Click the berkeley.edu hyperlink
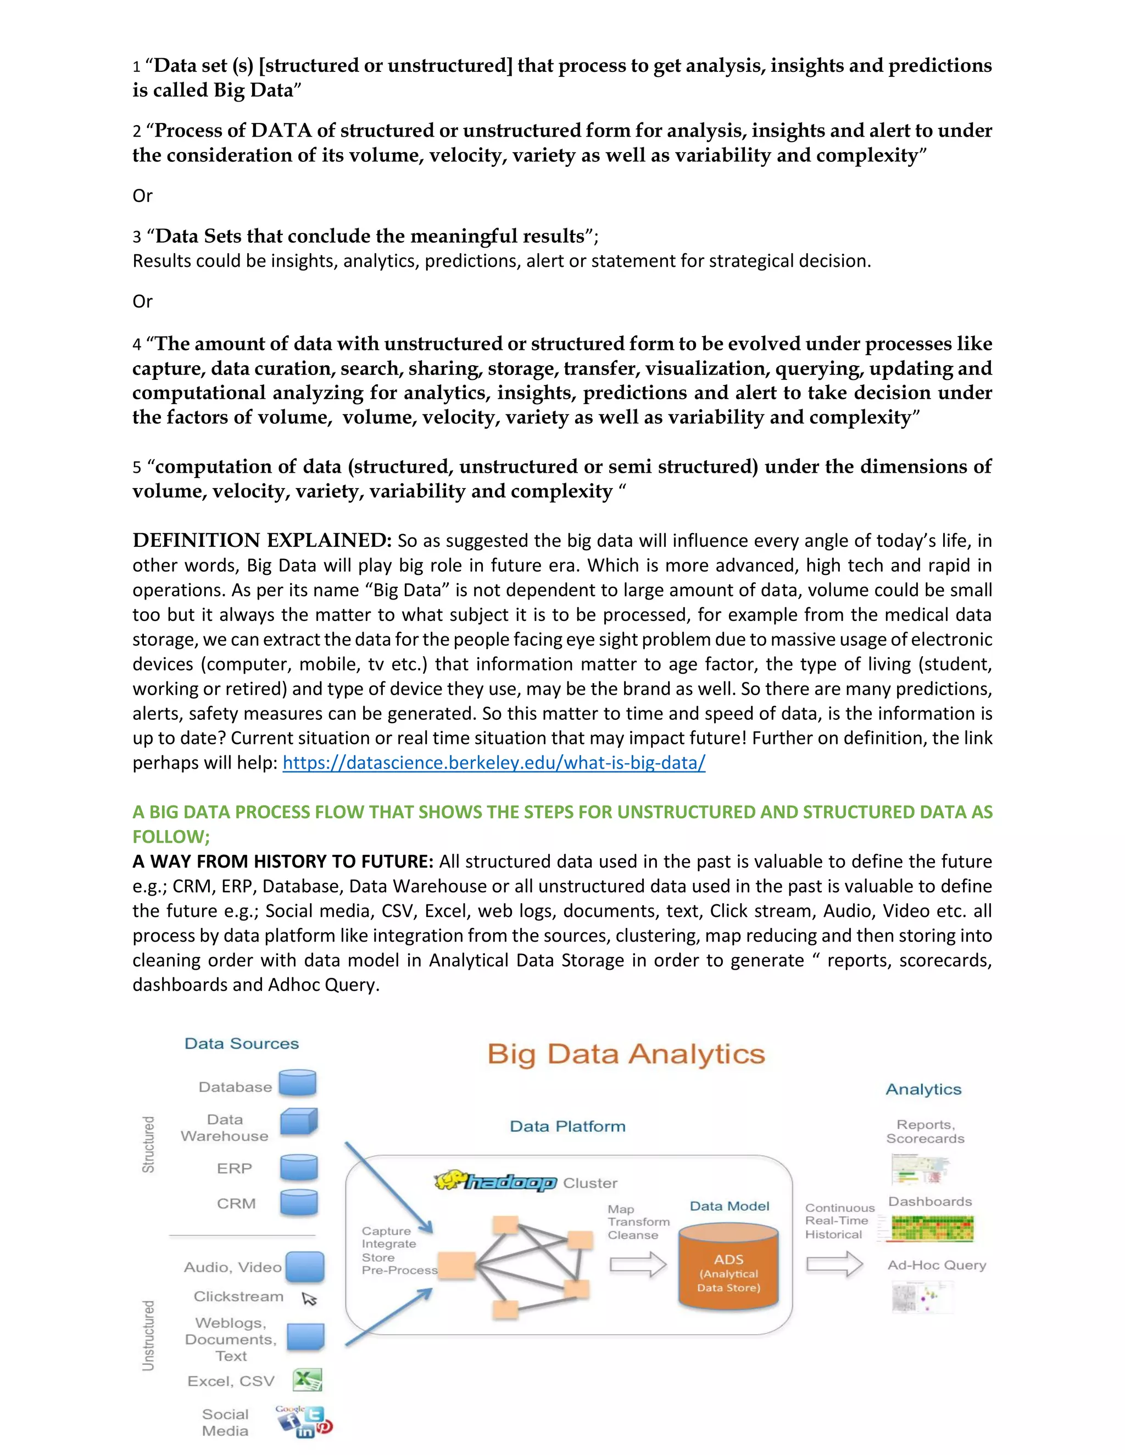[493, 763]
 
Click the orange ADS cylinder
[728, 1270]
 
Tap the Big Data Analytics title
[626, 1055]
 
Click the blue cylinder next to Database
[297, 1083]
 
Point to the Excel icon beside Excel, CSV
[307, 1380]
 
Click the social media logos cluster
[304, 1422]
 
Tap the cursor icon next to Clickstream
[309, 1299]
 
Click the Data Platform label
[567, 1127]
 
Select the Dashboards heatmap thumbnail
[932, 1228]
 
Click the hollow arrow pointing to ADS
[637, 1264]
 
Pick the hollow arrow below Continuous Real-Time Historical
[834, 1264]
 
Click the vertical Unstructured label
[148, 1335]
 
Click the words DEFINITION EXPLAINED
[262, 540]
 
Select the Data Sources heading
[241, 1044]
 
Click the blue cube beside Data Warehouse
[299, 1121]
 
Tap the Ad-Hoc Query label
[937, 1265]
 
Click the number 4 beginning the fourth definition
[137, 344]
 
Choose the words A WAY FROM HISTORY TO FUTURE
[282, 861]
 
